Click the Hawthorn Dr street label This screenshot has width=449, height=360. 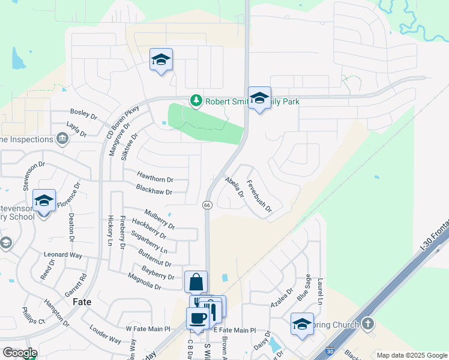[x=155, y=179]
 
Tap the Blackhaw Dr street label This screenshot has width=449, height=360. [x=154, y=192]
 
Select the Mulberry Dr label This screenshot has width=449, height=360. [x=159, y=219]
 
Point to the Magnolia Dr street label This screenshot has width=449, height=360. [x=145, y=281]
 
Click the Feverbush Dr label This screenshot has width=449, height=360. [x=259, y=197]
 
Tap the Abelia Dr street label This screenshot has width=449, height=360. [x=234, y=187]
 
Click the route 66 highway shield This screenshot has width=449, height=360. [x=207, y=205]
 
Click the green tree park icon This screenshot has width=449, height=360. [x=195, y=101]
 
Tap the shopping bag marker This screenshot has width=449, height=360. [x=196, y=281]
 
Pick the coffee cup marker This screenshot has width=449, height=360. [x=197, y=317]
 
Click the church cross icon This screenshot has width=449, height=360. [x=368, y=324]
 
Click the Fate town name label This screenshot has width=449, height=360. [x=82, y=302]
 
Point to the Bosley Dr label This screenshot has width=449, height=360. [x=83, y=113]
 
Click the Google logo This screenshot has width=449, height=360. [x=19, y=353]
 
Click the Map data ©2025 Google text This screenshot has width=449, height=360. [x=411, y=355]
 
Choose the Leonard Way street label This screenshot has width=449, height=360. [x=63, y=255]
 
